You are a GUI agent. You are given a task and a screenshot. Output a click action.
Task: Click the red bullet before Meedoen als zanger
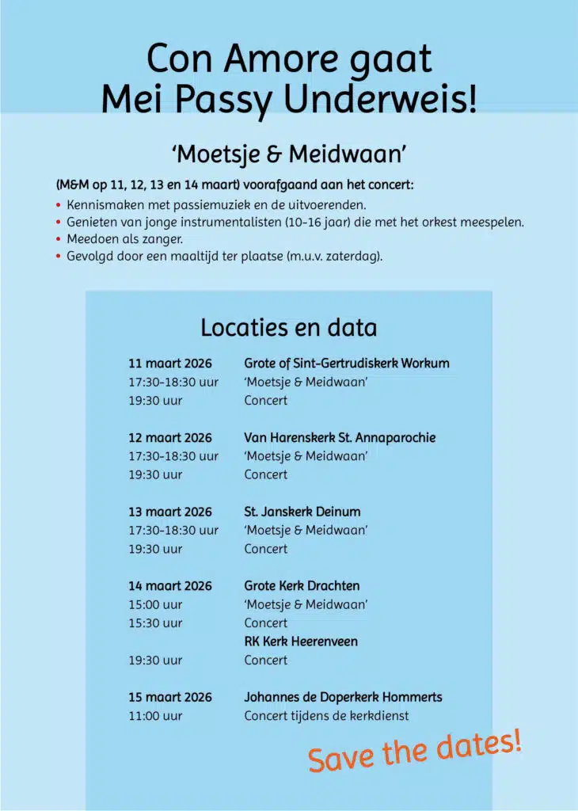pyautogui.click(x=59, y=239)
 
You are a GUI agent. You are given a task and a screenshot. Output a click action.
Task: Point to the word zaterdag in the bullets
pyautogui.click(x=352, y=257)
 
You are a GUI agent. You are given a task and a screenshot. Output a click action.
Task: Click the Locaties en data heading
pyautogui.click(x=288, y=327)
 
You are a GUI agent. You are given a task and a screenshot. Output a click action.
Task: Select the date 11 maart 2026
pyautogui.click(x=170, y=364)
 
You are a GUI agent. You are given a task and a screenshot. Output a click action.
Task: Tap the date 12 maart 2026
pyautogui.click(x=170, y=437)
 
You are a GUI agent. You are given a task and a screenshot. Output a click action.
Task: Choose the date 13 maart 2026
pyautogui.click(x=170, y=512)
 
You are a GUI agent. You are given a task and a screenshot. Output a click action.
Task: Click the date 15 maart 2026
pyautogui.click(x=170, y=697)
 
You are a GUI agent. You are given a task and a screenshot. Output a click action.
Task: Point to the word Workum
pyautogui.click(x=425, y=364)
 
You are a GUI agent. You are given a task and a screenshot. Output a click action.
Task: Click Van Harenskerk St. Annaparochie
pyautogui.click(x=340, y=437)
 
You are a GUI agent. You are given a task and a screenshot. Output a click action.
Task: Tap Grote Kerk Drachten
pyautogui.click(x=302, y=586)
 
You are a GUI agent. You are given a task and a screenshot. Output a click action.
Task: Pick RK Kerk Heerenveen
pyautogui.click(x=301, y=642)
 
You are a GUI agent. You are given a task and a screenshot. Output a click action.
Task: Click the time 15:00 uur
pyautogui.click(x=155, y=604)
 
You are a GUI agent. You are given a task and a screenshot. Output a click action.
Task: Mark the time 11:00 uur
pyautogui.click(x=155, y=716)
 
